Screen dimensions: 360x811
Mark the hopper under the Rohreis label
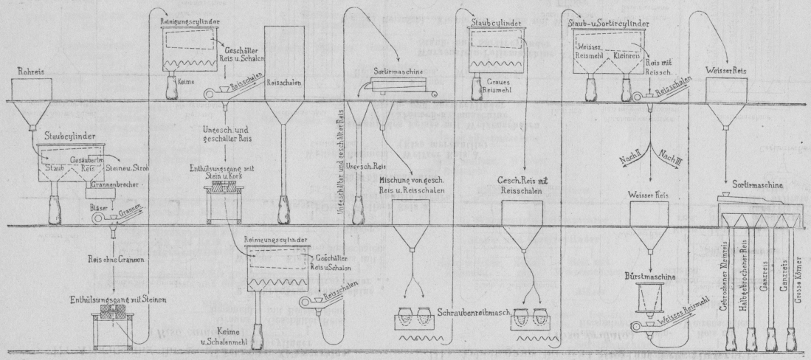[34, 103]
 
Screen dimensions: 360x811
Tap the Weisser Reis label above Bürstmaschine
[649, 195]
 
